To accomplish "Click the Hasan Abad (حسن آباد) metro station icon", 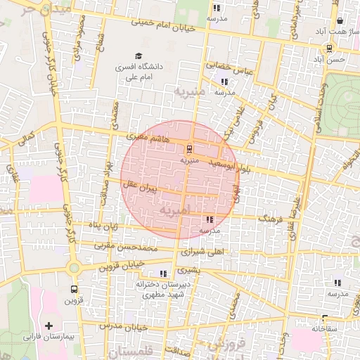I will [329, 48].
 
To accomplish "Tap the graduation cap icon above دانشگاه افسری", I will [138, 56].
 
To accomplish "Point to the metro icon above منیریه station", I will [189, 149].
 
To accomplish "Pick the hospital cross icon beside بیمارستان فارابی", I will [49, 326].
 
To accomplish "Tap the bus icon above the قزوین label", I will [74, 289].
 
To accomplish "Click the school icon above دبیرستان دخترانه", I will [164, 274].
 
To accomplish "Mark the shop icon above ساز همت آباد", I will [340, 21].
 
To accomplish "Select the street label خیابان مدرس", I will [124, 327].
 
